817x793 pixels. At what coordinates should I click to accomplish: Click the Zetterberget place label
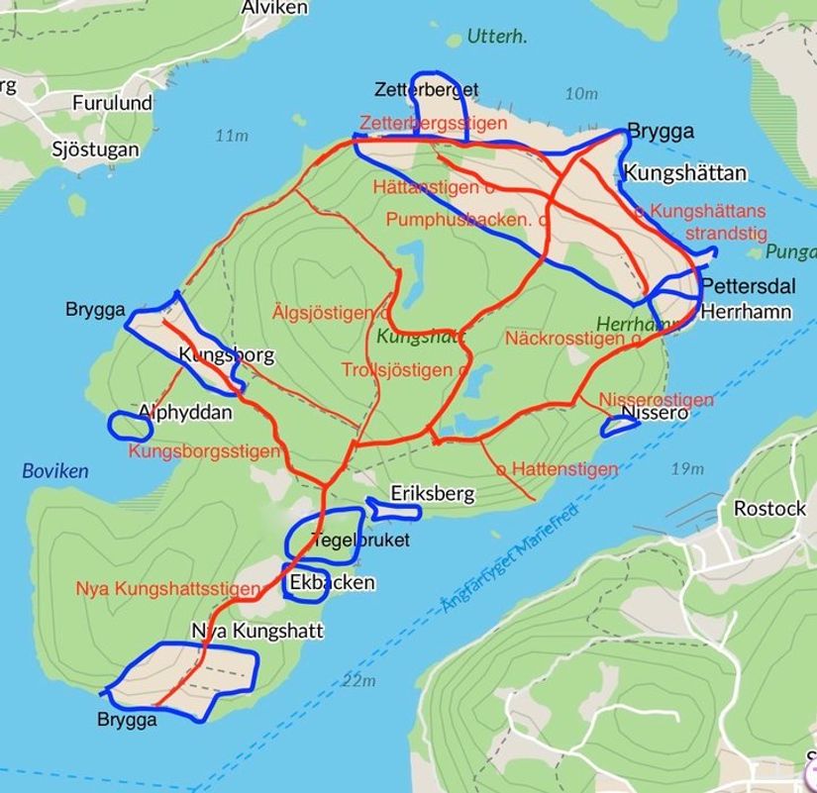(x=427, y=90)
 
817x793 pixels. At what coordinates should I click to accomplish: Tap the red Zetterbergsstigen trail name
(x=433, y=124)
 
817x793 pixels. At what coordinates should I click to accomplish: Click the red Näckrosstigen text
(x=564, y=339)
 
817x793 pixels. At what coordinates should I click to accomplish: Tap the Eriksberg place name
(x=433, y=493)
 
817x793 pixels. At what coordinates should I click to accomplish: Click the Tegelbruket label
(x=359, y=541)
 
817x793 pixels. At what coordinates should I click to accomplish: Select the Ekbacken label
(x=333, y=582)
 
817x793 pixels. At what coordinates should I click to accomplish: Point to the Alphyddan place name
(x=185, y=412)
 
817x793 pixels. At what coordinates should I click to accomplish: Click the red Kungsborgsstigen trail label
(x=204, y=451)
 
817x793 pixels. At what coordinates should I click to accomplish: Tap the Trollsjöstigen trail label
(x=398, y=369)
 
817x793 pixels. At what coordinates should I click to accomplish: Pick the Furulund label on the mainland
(x=112, y=103)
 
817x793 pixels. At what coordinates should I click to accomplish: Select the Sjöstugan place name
(x=95, y=150)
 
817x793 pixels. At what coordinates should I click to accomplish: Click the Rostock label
(x=769, y=508)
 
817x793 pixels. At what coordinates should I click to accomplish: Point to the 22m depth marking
(x=358, y=680)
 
